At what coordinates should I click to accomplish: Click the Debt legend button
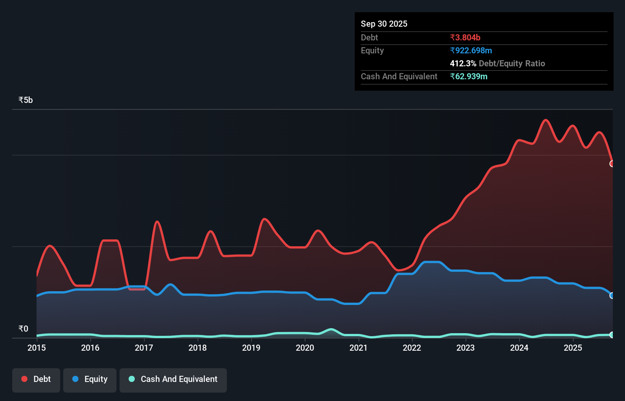(36, 380)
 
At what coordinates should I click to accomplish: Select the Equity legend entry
(90, 380)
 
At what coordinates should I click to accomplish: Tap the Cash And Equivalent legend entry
(173, 380)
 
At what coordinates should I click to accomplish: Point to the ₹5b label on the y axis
(26, 100)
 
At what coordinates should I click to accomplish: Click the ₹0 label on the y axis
(23, 329)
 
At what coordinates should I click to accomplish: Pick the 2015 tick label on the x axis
(37, 348)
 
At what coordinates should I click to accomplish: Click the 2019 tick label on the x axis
(251, 348)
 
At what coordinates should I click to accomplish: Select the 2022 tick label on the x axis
(412, 348)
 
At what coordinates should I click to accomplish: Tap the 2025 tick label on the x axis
(573, 348)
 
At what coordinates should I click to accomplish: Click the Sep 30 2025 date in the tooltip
(384, 24)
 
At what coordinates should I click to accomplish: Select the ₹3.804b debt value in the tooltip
(465, 38)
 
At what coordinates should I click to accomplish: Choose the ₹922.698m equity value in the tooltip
(471, 51)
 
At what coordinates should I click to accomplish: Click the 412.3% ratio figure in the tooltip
(463, 64)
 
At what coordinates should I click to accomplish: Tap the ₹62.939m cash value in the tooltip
(469, 77)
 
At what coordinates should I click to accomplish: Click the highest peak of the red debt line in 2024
(546, 120)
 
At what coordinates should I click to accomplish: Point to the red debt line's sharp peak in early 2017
(157, 221)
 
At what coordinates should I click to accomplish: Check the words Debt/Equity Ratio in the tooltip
(512, 64)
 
